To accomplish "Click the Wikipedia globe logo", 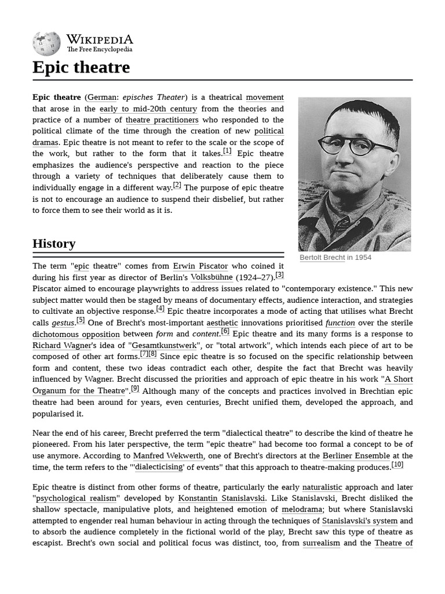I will tap(46, 43).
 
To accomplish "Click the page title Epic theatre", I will tap(81, 67).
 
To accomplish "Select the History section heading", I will tap(54, 243).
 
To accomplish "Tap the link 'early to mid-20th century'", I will tap(148, 108).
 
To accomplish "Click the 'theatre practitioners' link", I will tap(162, 120).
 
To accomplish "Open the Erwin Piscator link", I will tap(200, 266).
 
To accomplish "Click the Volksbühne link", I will tap(211, 277).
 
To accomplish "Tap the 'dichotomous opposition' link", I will tap(76, 334).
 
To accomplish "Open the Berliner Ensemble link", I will tap(356, 456).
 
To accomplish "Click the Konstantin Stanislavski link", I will tap(221, 498).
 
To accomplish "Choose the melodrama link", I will tap(302, 509).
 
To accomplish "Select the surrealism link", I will tap(321, 543).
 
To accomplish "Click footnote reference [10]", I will tap(397, 465).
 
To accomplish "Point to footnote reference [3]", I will tap(279, 275).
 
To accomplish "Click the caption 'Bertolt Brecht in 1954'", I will tap(335, 258).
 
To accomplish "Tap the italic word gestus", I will tap(63, 323).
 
